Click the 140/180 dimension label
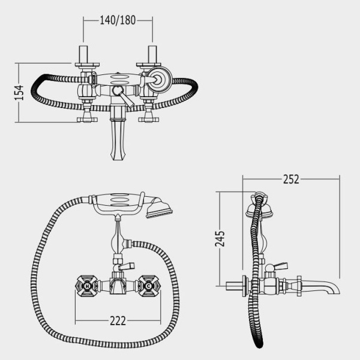tap(118, 20)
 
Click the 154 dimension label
tap(19, 92)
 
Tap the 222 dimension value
tap(118, 321)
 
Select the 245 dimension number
tap(220, 239)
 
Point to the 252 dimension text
tap(291, 179)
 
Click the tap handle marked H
tap(87, 286)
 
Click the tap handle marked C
tap(149, 286)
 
